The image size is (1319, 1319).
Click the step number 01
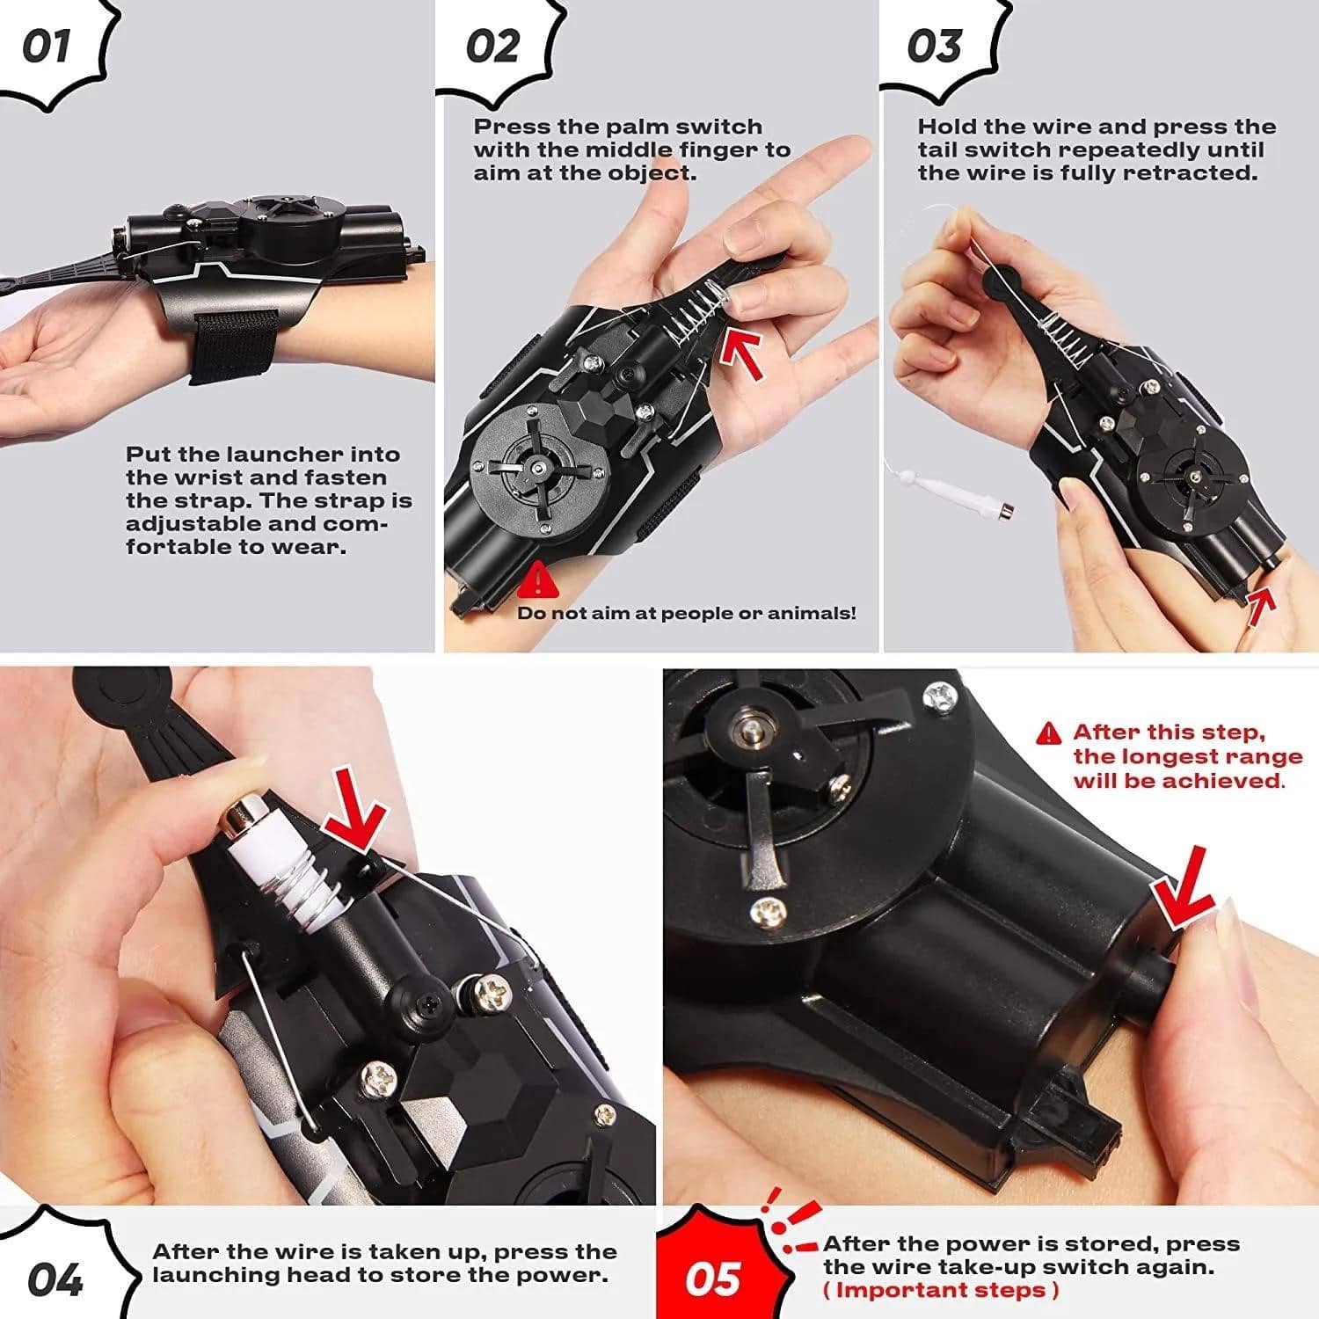point(46,46)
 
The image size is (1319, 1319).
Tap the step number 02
point(492,46)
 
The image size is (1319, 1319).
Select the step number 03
point(934,46)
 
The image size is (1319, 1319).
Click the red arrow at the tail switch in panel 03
point(1261,607)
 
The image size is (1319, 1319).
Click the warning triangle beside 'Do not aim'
point(536,581)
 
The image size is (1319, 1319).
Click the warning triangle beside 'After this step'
point(1049,732)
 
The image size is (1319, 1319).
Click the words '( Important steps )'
point(941,1290)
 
